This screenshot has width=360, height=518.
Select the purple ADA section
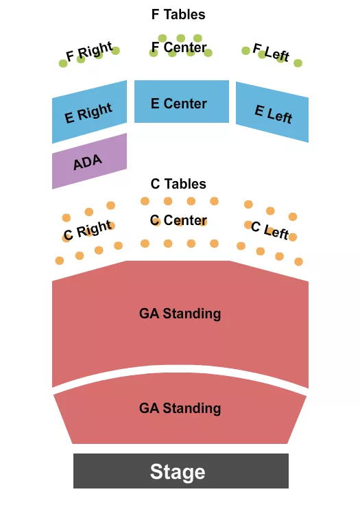tap(89, 161)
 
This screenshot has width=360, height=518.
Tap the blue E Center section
tap(181, 103)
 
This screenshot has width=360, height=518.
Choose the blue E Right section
tap(89, 112)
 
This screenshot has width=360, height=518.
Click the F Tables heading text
tap(178, 14)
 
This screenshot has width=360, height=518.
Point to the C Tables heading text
tap(178, 184)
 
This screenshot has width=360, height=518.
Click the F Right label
tap(88, 52)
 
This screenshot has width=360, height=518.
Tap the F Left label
tap(271, 52)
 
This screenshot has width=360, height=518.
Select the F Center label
tap(178, 48)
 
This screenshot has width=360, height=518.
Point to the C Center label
tap(178, 221)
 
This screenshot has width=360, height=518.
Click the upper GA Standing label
tap(180, 314)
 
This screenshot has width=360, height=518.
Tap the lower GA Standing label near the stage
tap(180, 408)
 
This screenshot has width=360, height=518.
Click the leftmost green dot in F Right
tap(63, 63)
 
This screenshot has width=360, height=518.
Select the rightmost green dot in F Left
tap(298, 63)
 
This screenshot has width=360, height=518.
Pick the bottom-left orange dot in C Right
tap(60, 261)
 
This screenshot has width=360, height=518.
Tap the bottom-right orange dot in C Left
tap(298, 261)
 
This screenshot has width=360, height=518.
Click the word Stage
tap(178, 472)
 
